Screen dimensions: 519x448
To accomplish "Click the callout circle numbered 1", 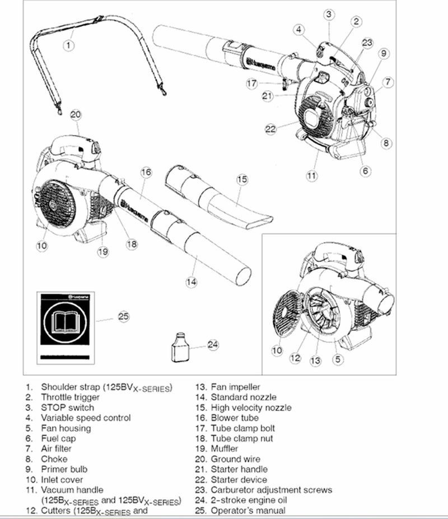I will [x=68, y=44].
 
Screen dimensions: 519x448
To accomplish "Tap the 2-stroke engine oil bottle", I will [x=178, y=348].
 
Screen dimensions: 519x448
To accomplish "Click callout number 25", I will [x=124, y=317].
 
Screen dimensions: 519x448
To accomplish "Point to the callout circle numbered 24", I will [x=212, y=344].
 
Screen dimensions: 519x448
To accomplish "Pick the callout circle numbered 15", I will [x=241, y=180].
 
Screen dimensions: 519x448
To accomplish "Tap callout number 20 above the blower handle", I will [x=76, y=114].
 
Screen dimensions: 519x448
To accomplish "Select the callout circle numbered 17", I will [x=251, y=83].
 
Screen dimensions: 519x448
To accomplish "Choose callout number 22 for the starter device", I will [x=271, y=129].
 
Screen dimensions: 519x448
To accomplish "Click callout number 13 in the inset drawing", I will [x=316, y=361].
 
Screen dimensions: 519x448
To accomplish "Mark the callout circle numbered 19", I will [x=102, y=251].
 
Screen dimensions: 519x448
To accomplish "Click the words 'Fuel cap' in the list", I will [x=58, y=438].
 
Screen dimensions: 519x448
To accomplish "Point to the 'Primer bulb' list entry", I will [x=64, y=469].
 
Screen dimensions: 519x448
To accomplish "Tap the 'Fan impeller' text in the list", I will [x=235, y=387].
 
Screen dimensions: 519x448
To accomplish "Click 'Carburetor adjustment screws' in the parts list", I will [x=271, y=490].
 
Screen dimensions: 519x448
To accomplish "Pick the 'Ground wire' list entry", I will [x=235, y=459].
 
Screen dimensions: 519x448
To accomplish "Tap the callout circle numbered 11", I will [x=311, y=176].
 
